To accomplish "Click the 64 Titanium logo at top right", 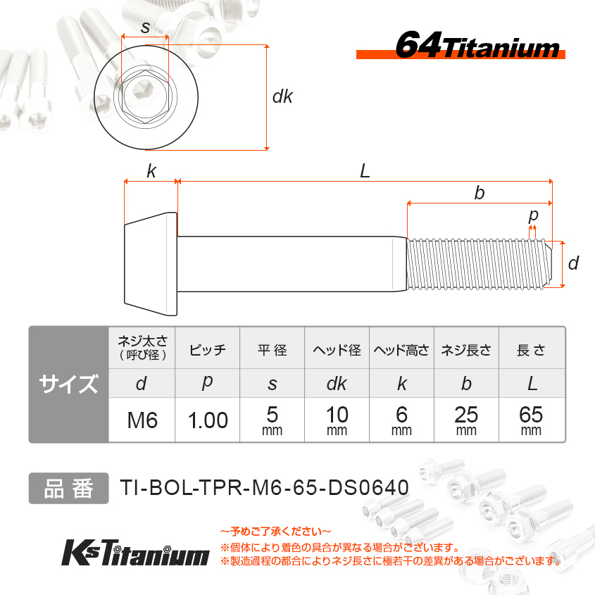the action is [x=461, y=46].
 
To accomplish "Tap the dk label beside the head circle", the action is [x=282, y=96].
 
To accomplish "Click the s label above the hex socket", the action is [x=145, y=27].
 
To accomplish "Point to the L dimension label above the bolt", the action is [x=365, y=171].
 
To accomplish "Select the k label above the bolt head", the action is [x=151, y=171].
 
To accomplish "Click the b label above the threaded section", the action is [x=480, y=193].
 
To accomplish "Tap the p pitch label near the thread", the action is [x=533, y=215].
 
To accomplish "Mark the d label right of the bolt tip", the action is [x=573, y=263].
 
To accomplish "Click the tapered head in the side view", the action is [x=151, y=264].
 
